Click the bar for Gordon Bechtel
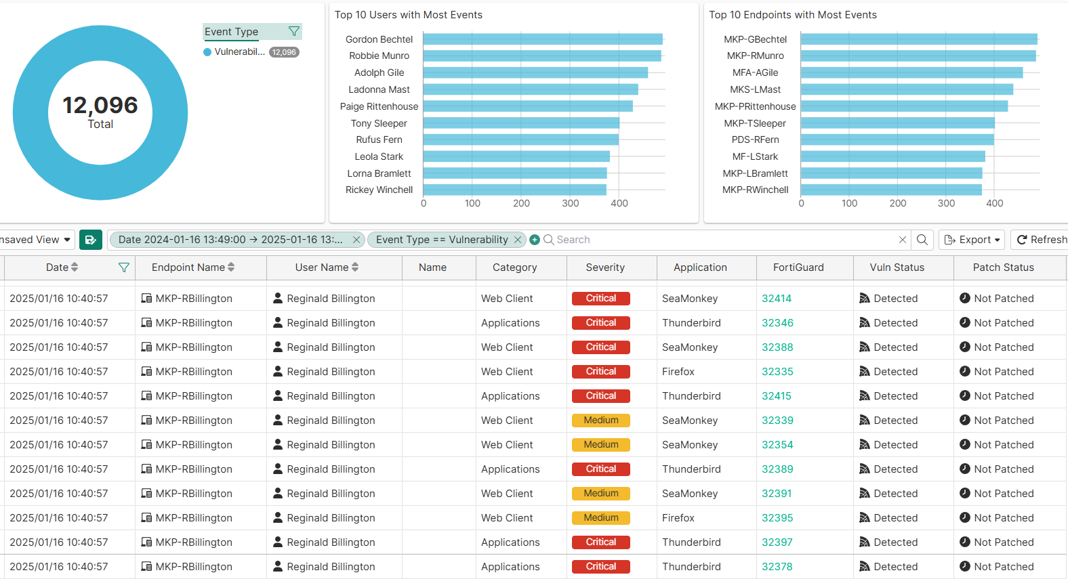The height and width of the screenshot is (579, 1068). pos(542,39)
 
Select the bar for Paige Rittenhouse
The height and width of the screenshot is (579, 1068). pos(528,106)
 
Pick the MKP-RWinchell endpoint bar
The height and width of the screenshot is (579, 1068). pos(891,190)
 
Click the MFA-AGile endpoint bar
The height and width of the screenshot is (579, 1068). pos(911,72)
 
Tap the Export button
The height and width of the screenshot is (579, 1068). pos(971,240)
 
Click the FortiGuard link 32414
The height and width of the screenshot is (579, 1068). pos(777,299)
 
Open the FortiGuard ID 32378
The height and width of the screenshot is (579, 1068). pos(777,567)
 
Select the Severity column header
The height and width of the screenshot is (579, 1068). pos(605,267)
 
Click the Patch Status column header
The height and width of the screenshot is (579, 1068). pos(1003,267)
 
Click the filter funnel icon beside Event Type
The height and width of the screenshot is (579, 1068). pos(294,31)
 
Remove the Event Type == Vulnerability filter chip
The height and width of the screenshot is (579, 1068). pos(518,240)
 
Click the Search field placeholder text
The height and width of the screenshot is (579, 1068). pos(573,240)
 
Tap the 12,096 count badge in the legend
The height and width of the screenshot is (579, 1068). pos(285,52)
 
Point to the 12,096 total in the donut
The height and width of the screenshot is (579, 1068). pos(100,106)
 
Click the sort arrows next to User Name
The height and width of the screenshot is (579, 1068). pos(355,267)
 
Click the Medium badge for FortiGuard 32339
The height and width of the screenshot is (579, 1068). pos(601,421)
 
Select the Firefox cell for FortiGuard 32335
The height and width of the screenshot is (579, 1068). pos(678,372)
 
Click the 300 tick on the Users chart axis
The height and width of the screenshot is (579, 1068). pos(570,203)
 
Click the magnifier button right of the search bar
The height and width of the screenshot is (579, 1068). pos(922,240)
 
